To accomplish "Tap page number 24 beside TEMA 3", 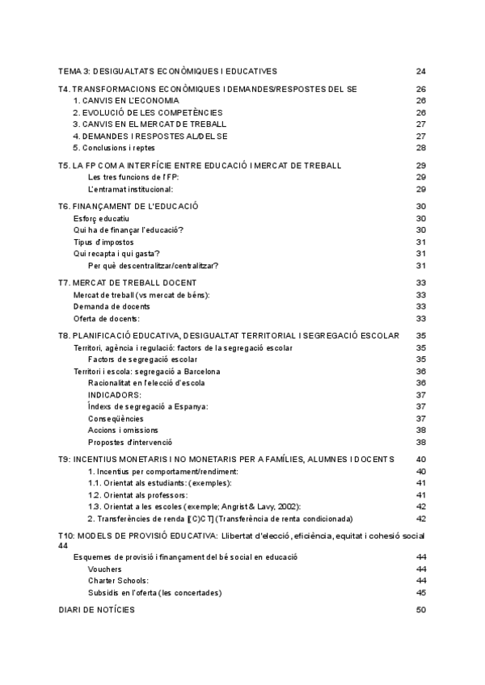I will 420,71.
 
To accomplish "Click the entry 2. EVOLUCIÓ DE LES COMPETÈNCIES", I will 147,112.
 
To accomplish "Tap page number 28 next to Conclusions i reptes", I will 420,148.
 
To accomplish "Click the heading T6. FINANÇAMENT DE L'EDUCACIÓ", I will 129,207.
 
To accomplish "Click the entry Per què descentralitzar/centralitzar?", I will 154,266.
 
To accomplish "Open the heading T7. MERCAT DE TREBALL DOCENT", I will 128,283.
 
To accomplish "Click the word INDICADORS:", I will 115,395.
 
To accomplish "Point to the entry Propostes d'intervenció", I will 130,442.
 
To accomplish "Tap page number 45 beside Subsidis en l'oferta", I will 420,593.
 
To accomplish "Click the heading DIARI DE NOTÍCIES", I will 97,611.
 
